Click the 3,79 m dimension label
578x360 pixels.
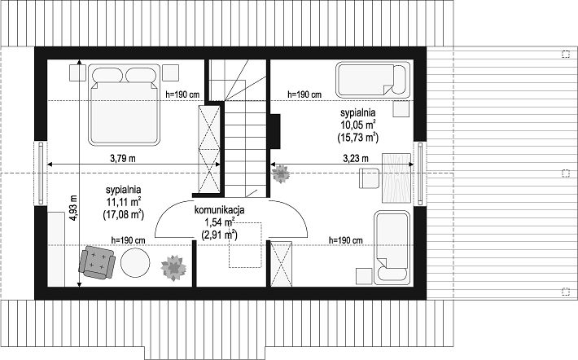tap(123, 159)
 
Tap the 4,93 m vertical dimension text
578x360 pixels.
tap(73, 208)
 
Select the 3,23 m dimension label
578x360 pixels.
tap(356, 159)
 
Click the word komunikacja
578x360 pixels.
tap(219, 211)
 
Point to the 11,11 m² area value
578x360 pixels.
tap(123, 202)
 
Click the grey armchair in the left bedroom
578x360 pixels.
tap(97, 262)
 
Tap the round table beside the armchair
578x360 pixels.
tap(136, 262)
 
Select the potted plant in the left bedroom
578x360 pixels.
tap(173, 268)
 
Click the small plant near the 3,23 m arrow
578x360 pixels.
tap(281, 173)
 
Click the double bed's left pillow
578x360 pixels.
tap(107, 75)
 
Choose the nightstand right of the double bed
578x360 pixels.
tap(171, 72)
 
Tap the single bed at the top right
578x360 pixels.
tap(373, 80)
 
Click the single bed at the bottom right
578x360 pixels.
tap(392, 248)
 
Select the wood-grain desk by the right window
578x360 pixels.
tap(396, 178)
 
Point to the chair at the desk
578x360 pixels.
tap(370, 178)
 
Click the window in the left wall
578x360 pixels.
tap(41, 173)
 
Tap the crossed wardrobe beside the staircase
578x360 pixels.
tap(209, 149)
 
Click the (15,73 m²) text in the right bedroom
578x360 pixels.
tap(358, 138)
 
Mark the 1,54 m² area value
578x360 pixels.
tap(219, 222)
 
